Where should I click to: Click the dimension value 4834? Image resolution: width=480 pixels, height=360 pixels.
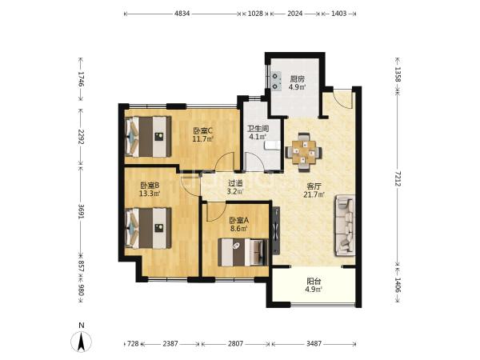(182, 14)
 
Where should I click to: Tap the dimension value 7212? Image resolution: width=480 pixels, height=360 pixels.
(398, 178)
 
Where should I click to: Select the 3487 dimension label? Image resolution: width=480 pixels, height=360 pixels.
(314, 344)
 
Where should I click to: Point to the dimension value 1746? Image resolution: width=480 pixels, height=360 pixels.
(81, 79)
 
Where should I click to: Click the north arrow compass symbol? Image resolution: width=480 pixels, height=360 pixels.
(81, 339)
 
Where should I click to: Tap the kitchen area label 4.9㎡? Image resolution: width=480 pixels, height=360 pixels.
(297, 87)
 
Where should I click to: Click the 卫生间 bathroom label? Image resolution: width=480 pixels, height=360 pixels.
(258, 129)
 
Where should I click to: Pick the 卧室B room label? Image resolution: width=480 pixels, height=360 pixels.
(150, 186)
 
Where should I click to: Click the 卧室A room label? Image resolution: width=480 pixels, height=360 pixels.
(238, 220)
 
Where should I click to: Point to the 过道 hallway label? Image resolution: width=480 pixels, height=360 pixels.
(235, 183)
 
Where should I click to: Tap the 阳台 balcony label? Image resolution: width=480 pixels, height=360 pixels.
(314, 281)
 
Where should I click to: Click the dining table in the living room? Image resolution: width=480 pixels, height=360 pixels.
(304, 152)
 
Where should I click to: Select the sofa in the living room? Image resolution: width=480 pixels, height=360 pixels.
(346, 226)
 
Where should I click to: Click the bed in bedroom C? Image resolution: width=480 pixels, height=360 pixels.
(149, 136)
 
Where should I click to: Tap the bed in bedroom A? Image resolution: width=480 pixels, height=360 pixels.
(242, 252)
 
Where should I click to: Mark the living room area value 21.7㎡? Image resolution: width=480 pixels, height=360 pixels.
(314, 194)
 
